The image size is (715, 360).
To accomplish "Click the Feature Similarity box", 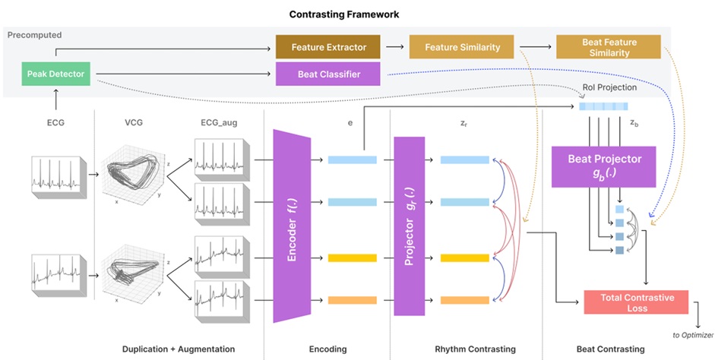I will [x=462, y=47].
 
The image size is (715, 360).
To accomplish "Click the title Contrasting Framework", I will [x=345, y=14].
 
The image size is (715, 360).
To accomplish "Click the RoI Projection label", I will [x=609, y=87].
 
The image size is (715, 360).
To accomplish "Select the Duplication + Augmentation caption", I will [x=178, y=349].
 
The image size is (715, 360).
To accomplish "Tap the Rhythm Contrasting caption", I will [x=475, y=349].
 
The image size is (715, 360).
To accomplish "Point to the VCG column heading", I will [x=133, y=119].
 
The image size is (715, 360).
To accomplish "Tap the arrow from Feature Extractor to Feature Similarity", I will [x=394, y=47].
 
